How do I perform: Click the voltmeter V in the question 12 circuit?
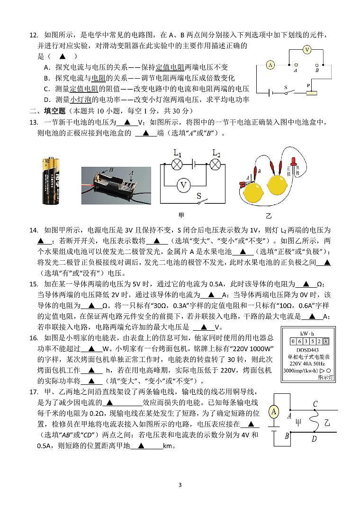(x=307, y=49)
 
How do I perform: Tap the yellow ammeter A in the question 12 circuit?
(x=270, y=65)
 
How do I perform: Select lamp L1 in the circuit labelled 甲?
(x=177, y=164)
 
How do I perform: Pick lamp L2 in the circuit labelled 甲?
(x=216, y=164)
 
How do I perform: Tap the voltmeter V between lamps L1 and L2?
(x=183, y=186)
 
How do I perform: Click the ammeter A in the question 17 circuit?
(x=273, y=412)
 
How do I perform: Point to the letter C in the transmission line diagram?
(x=315, y=404)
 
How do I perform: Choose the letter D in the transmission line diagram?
(x=314, y=439)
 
